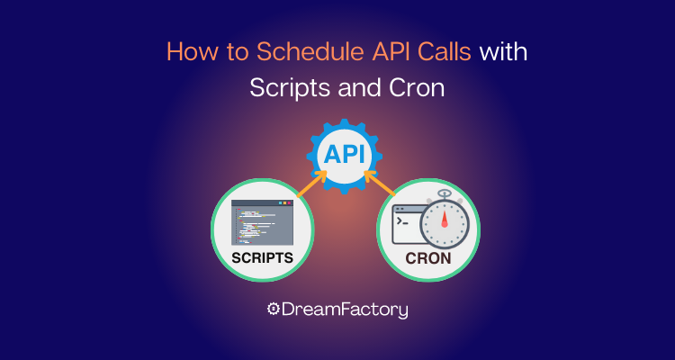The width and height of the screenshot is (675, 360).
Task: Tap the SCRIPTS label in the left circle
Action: [262, 256]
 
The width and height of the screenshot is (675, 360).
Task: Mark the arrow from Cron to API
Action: [382, 183]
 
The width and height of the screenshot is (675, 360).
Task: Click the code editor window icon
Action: [262, 222]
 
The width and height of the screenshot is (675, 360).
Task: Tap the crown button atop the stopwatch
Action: [443, 193]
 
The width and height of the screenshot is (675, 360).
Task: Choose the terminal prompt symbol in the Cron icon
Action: [401, 220]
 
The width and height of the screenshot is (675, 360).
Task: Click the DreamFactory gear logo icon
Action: [273, 310]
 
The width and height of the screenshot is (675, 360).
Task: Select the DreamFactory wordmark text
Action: [346, 310]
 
